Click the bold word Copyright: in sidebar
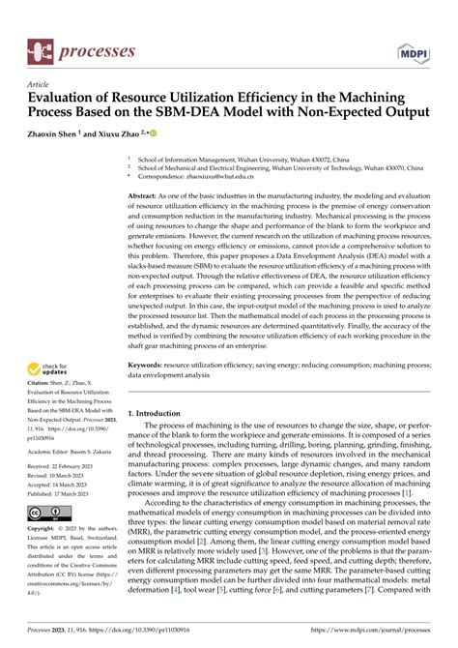(46, 530)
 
